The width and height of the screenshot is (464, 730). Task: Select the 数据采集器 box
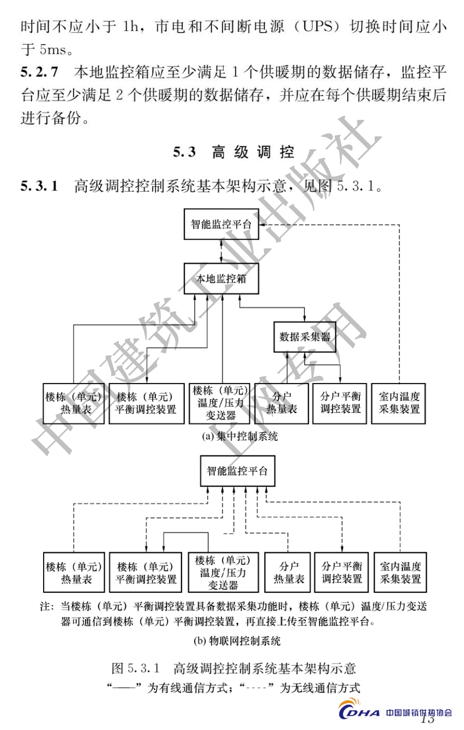pos(305,337)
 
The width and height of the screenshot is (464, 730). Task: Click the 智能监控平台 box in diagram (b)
pos(237,472)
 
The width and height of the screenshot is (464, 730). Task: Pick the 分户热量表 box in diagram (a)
pos(281,403)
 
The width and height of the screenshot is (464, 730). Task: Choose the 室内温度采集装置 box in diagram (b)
pos(400,572)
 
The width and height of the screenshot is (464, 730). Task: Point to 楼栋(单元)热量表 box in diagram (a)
pos(74,403)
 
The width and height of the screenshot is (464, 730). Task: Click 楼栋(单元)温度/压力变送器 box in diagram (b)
pos(222,572)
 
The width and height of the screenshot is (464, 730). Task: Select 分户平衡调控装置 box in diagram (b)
pos(342,572)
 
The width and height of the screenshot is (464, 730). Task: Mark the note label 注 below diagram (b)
pos(46,606)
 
